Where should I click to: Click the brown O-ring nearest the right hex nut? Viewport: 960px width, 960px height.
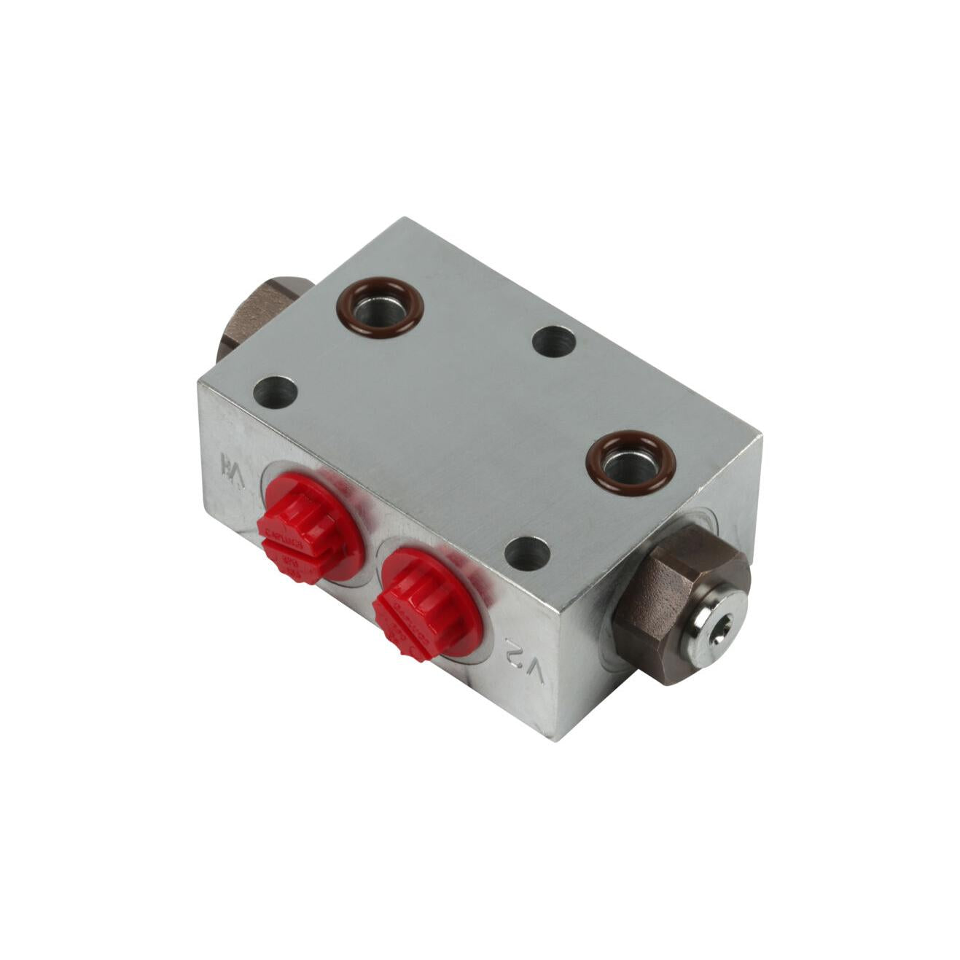[x=631, y=463]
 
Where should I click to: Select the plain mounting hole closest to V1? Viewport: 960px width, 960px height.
[x=276, y=392]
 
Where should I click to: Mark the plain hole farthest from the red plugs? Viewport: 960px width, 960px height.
[x=554, y=340]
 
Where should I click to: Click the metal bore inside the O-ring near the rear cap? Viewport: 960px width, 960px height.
[x=381, y=307]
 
